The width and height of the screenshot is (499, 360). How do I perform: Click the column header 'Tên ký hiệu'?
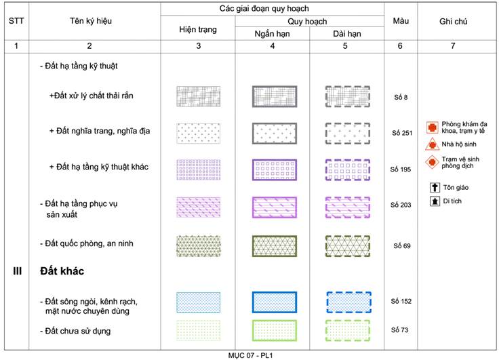[x=91, y=21]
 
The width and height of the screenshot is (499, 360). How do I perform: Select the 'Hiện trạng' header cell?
[x=197, y=30]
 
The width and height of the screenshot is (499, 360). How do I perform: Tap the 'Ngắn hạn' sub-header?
[x=272, y=34]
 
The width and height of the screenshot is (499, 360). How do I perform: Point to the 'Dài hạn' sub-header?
[x=347, y=34]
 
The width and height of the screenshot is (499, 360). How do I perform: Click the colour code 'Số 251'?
[x=402, y=133]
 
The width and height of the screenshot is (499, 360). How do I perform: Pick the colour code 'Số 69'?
[x=402, y=245]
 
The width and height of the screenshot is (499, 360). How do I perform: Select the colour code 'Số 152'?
[x=401, y=301]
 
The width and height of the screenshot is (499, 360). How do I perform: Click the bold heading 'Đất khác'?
[x=62, y=271]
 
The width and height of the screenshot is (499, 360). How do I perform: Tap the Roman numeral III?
[x=17, y=271]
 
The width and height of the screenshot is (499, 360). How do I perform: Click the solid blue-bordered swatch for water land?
[x=275, y=302]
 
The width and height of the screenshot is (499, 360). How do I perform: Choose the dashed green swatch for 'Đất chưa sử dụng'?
[x=348, y=331]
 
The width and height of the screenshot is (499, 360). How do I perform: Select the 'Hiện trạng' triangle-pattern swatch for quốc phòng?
[x=198, y=246]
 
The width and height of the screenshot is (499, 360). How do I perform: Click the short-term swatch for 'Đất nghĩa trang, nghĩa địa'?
[x=275, y=134]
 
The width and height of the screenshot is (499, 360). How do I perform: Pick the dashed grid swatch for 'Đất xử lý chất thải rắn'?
[x=348, y=96]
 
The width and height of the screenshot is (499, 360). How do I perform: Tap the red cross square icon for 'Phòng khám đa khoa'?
[x=432, y=127]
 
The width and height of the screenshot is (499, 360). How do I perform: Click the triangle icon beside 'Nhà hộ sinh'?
[x=432, y=144]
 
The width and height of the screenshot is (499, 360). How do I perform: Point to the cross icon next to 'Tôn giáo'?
[x=435, y=188]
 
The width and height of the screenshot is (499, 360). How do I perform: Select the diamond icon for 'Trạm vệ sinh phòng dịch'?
[x=432, y=162]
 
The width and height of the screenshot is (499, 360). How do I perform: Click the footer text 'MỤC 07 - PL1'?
[x=250, y=355]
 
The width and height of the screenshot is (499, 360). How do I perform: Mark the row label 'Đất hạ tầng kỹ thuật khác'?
[x=99, y=167]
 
